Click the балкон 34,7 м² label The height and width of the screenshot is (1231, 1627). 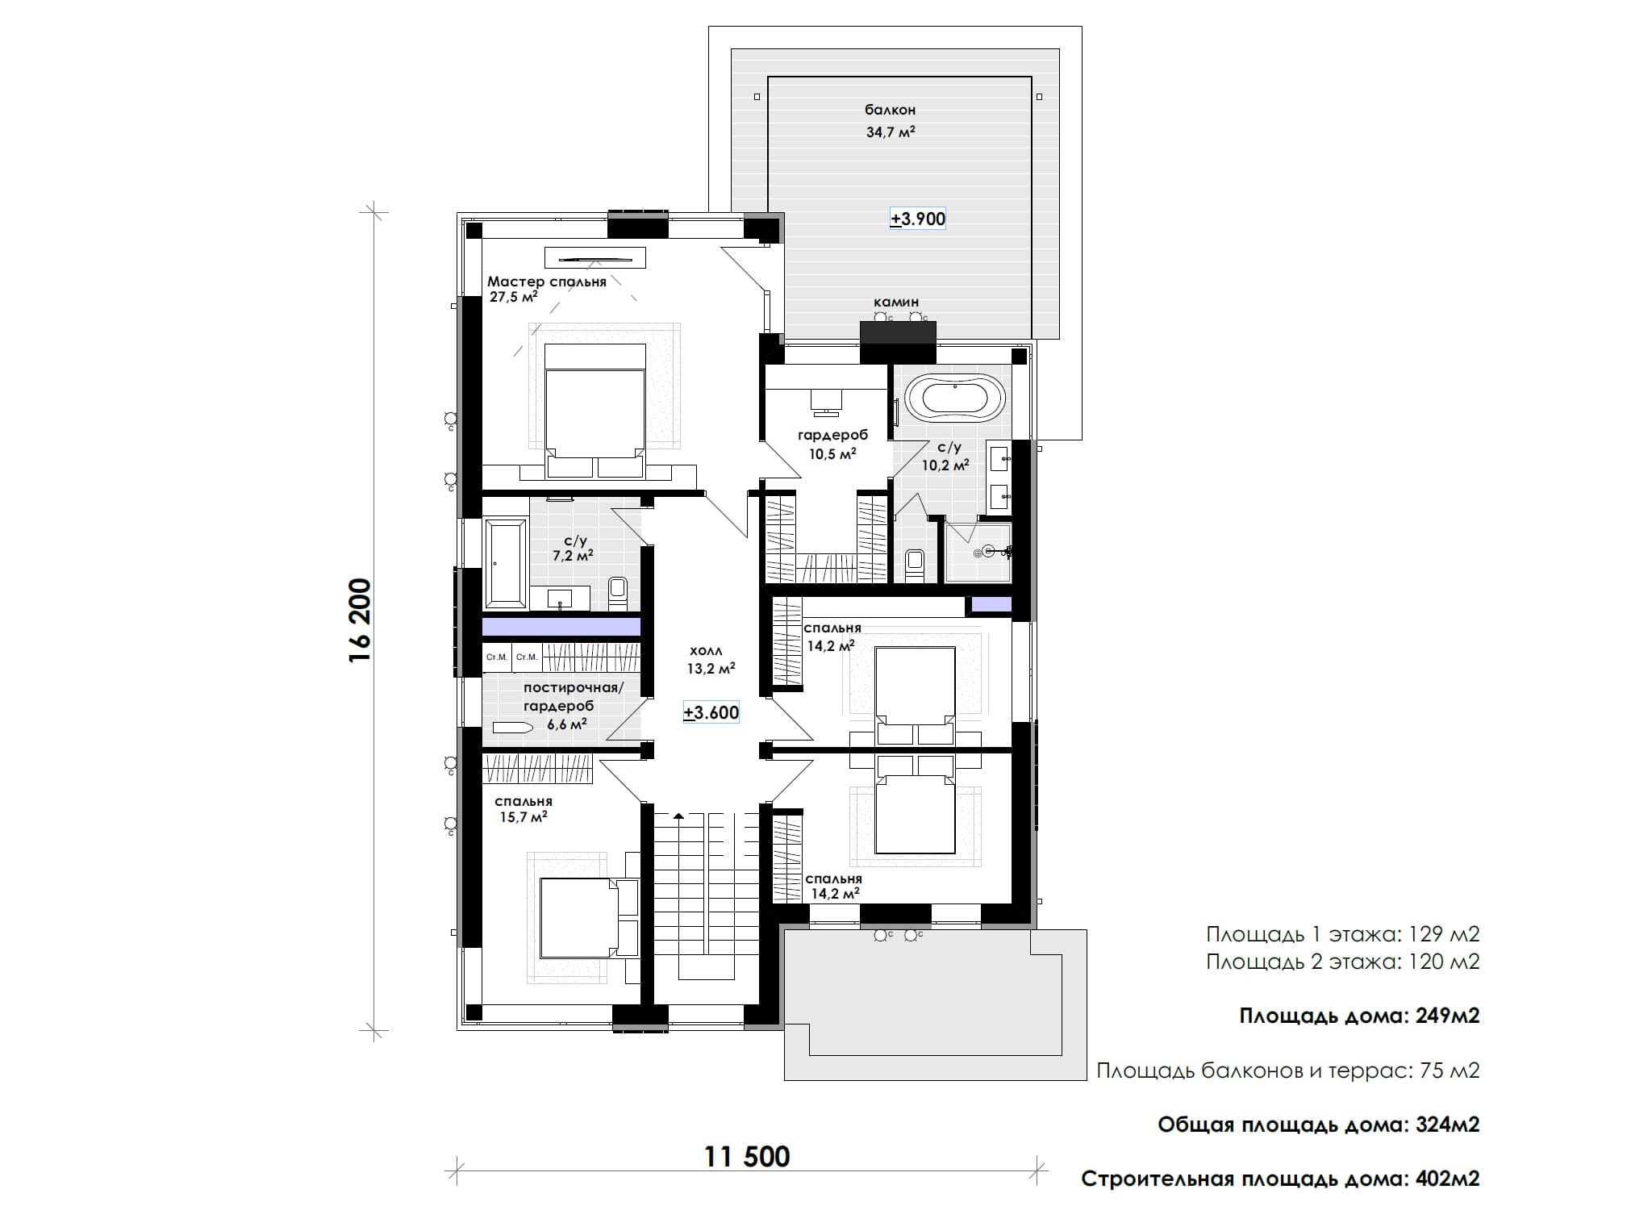pos(891,121)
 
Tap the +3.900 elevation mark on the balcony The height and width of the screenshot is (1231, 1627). pos(918,219)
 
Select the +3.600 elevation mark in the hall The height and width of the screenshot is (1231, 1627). pos(711,713)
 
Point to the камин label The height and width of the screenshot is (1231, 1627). pos(896,303)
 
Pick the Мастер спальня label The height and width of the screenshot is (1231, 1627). pos(546,282)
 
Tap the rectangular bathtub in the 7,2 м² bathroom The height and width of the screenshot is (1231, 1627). pos(506,563)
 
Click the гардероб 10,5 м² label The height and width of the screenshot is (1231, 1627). pos(832,444)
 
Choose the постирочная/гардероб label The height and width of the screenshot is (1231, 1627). pos(574,697)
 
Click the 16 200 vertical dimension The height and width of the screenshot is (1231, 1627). pos(360,620)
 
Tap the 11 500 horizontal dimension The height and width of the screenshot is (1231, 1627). pos(747,1157)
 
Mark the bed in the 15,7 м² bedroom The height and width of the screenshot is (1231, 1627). pos(589,918)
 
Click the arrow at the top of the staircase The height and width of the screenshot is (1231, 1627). pos(678,816)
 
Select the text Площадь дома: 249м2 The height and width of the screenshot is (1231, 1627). pos(1359,1016)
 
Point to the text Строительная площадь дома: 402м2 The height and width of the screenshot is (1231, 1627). pos(1280,1179)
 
